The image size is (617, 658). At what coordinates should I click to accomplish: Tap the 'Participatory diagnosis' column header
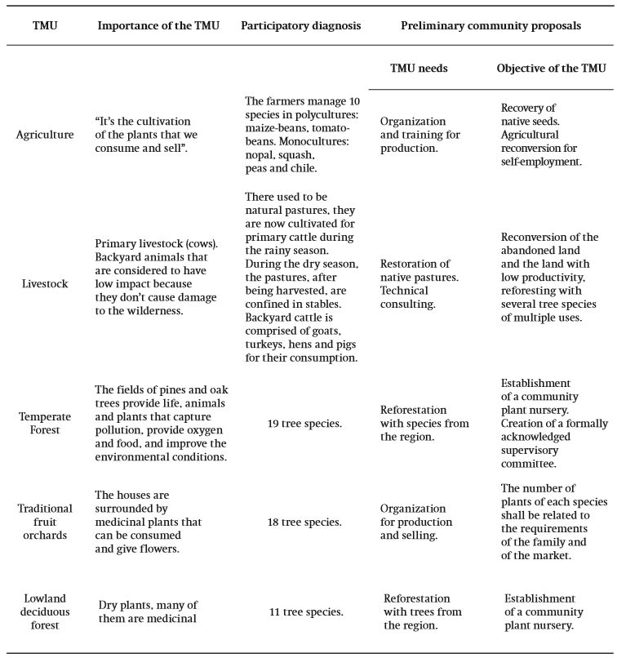[301, 25]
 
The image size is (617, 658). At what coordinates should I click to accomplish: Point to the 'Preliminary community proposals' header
[490, 25]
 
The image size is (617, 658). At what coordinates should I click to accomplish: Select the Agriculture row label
[44, 135]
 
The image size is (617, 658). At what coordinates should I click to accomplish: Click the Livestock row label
[44, 283]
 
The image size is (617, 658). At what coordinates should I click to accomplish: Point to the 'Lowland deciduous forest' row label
[45, 611]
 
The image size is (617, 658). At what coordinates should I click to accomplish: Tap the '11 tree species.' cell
[301, 611]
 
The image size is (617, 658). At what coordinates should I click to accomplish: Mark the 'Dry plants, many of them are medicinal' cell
[153, 611]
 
